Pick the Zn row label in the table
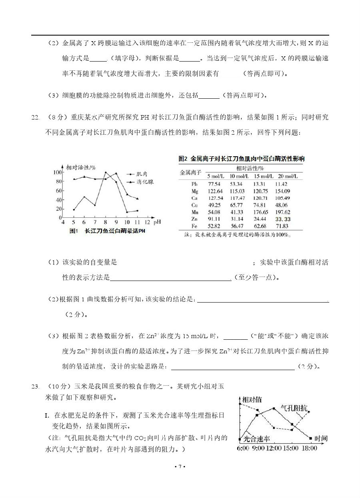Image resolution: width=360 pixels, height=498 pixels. [x=195, y=219]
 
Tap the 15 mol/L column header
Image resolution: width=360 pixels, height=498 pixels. [x=264, y=176]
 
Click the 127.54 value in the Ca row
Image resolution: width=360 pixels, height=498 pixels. [x=215, y=198]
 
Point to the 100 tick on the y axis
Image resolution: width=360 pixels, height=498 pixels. [x=57, y=172]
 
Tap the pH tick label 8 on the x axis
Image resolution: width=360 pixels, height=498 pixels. [x=105, y=223]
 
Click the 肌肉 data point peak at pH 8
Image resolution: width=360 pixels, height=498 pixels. [x=106, y=173]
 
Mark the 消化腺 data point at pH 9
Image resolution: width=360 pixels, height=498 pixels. [x=116, y=173]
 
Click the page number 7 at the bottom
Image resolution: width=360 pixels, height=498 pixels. [x=180, y=466]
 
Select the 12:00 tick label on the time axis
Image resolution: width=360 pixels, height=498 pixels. [x=273, y=448]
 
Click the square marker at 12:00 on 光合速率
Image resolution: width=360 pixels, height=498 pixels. [x=274, y=408]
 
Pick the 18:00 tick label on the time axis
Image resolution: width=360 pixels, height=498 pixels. [x=309, y=448]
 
